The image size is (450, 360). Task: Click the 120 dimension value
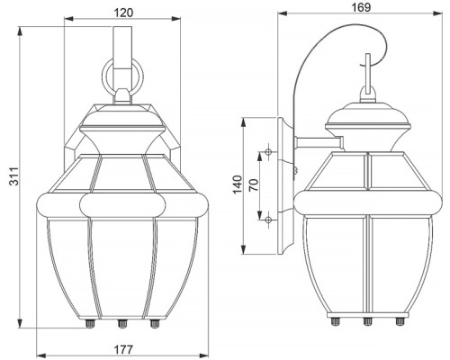(x=123, y=13)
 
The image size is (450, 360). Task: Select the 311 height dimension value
(x=13, y=176)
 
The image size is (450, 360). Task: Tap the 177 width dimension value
(x=123, y=349)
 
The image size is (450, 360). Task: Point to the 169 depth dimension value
(x=361, y=7)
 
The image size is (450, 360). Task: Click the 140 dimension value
(x=238, y=184)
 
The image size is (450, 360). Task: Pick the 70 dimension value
(x=254, y=185)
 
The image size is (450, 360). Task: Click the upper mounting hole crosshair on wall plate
(x=268, y=152)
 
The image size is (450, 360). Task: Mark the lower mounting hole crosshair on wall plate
(x=268, y=220)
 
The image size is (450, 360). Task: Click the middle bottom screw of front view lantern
(x=122, y=323)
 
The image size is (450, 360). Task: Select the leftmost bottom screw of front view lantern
(x=90, y=323)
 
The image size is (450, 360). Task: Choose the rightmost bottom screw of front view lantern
(x=155, y=323)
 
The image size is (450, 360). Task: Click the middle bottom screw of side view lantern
(x=367, y=321)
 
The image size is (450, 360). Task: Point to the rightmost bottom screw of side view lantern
(x=400, y=321)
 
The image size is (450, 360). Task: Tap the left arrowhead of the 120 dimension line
(x=69, y=19)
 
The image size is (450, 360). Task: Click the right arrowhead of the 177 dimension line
(x=203, y=354)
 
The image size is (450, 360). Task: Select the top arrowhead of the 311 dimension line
(x=20, y=31)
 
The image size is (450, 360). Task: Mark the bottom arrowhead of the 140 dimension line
(x=244, y=249)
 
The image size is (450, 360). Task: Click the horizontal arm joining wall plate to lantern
(x=319, y=142)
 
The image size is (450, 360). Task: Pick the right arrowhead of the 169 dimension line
(x=437, y=13)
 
